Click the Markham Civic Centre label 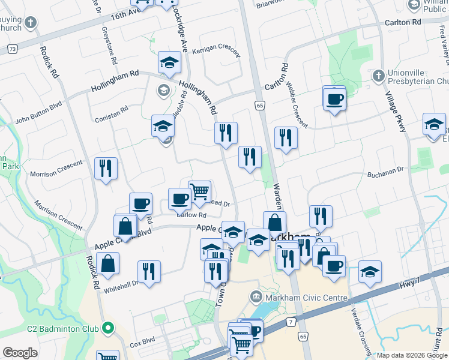pyautogui.click(x=306, y=298)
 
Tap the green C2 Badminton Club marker pyautogui.click(x=108, y=328)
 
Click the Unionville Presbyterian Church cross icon pyautogui.click(x=378, y=76)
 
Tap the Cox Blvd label pyautogui.click(x=142, y=343)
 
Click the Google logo pyautogui.click(x=20, y=352)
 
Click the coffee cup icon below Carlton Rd pyautogui.click(x=334, y=98)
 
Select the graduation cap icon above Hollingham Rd pyautogui.click(x=170, y=62)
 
